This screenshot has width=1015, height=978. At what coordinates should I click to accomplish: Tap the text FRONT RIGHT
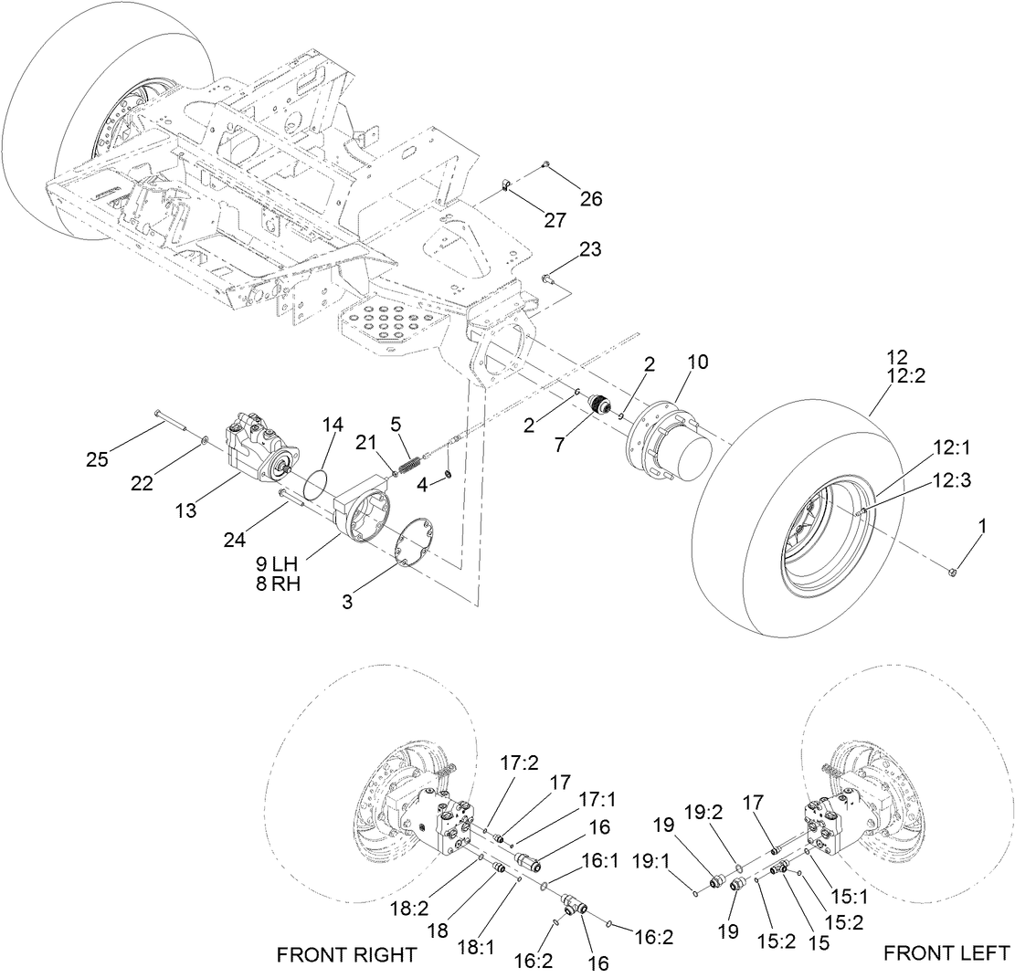(346, 954)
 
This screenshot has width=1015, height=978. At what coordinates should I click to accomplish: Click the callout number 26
(591, 198)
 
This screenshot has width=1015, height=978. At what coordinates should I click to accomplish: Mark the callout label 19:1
(673, 883)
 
